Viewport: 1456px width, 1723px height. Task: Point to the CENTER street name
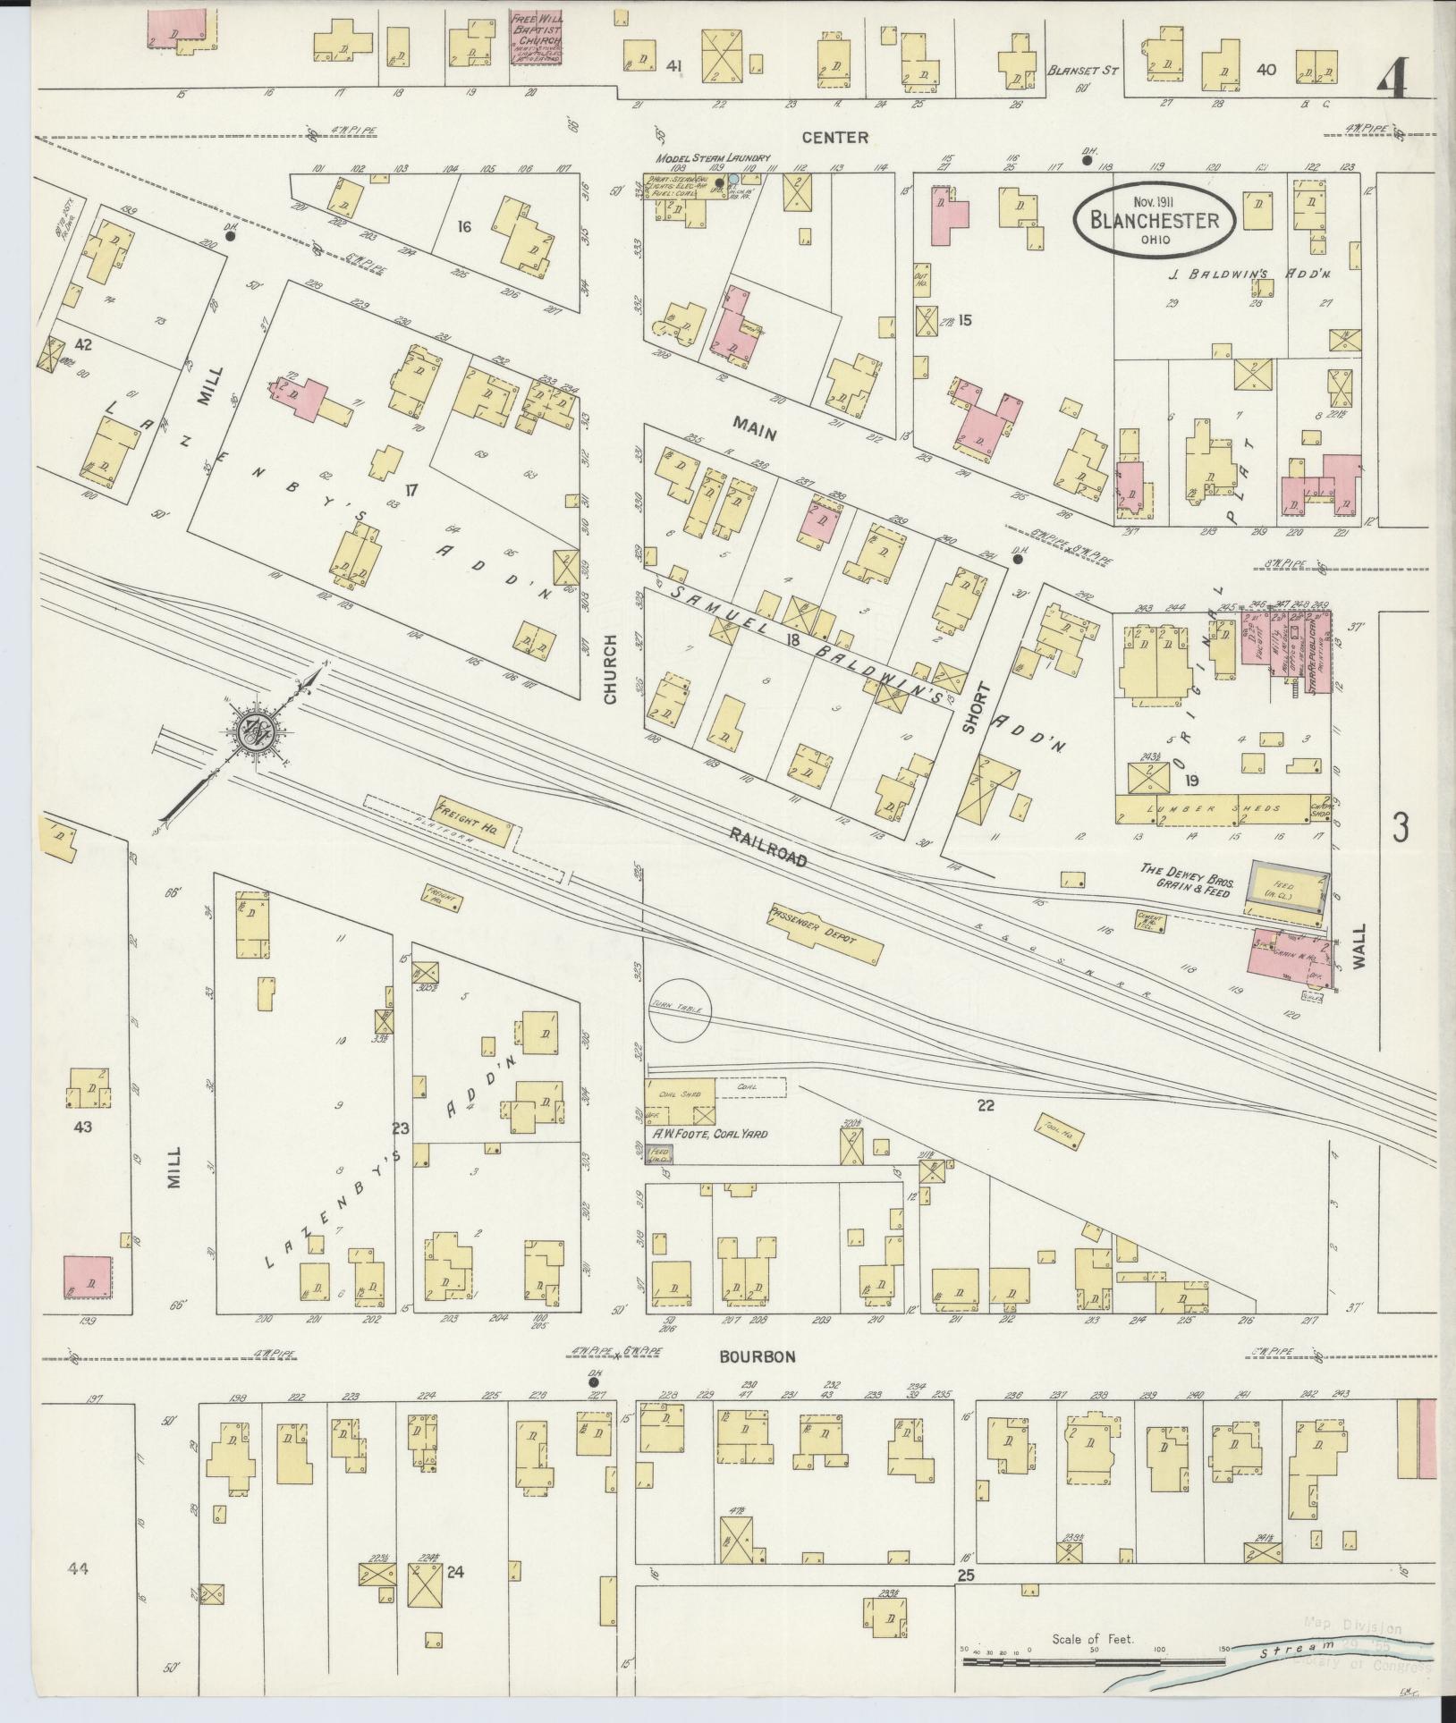click(x=834, y=137)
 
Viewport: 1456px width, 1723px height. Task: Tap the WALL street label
click(x=1360, y=947)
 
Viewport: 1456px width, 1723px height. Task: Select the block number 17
click(x=411, y=489)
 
